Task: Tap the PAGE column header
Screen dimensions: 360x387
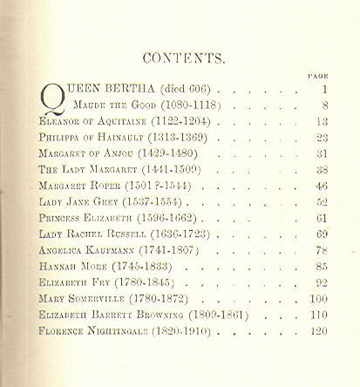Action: [318, 77]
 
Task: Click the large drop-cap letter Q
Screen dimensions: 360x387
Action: [52, 98]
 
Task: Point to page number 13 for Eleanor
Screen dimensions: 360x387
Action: [321, 122]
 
